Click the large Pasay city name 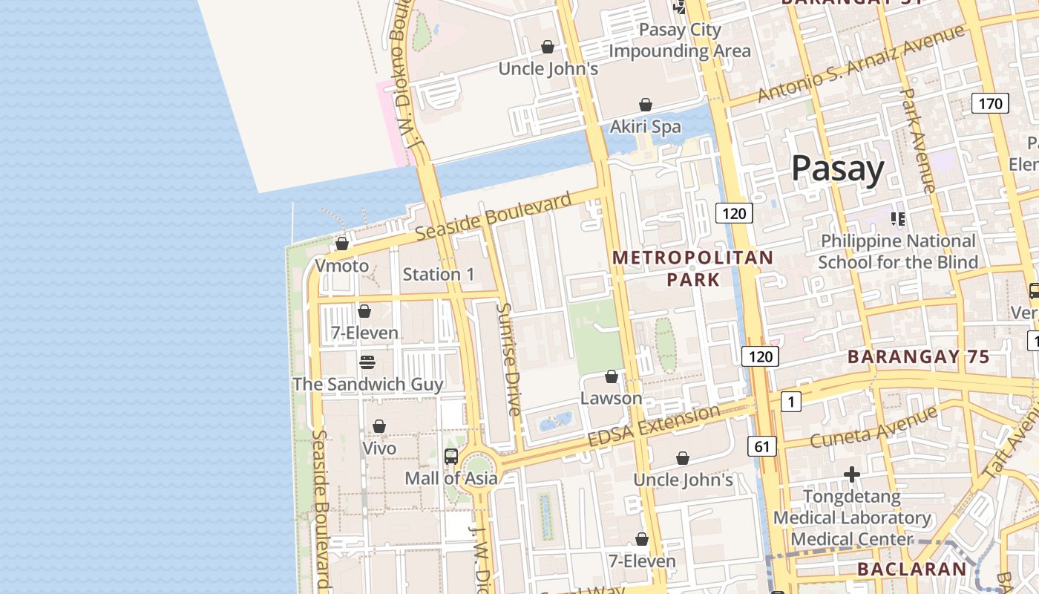(x=837, y=169)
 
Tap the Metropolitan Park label (x=692, y=268)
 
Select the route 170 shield (x=990, y=103)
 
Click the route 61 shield (x=762, y=446)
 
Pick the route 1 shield (x=791, y=402)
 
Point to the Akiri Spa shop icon (x=646, y=105)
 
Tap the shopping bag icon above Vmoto (x=342, y=244)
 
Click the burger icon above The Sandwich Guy (x=367, y=362)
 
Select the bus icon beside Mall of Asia (x=450, y=457)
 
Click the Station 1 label (x=438, y=274)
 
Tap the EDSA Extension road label (x=653, y=426)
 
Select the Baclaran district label (x=912, y=569)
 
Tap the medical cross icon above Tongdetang (x=852, y=474)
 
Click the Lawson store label (x=611, y=398)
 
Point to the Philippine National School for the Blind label (x=897, y=251)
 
